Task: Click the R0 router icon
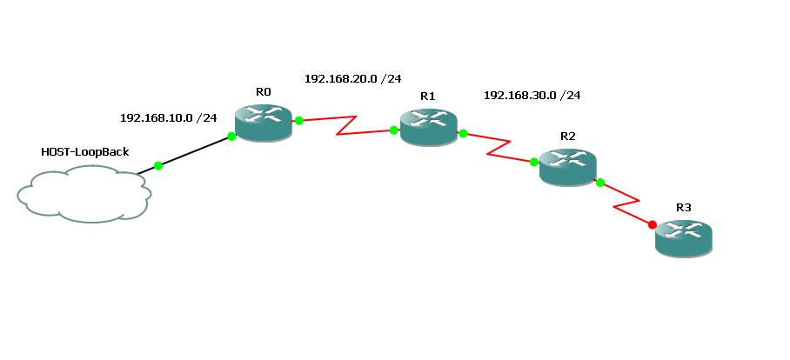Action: (x=263, y=121)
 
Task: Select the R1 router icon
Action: (x=428, y=127)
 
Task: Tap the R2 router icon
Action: (x=567, y=165)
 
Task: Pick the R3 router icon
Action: (x=684, y=237)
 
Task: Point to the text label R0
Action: (x=264, y=91)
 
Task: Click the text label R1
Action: (x=427, y=97)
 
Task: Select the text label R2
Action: (x=568, y=136)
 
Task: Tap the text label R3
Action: (x=684, y=208)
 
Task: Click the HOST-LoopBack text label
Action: (x=85, y=152)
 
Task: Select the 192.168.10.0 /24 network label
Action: (x=168, y=117)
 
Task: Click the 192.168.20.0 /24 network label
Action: (x=352, y=78)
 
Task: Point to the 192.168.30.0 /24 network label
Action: (x=532, y=95)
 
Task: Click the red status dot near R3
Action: (x=653, y=223)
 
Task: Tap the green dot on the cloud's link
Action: (x=157, y=165)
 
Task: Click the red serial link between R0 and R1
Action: (x=346, y=126)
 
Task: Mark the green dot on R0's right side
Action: (x=298, y=121)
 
